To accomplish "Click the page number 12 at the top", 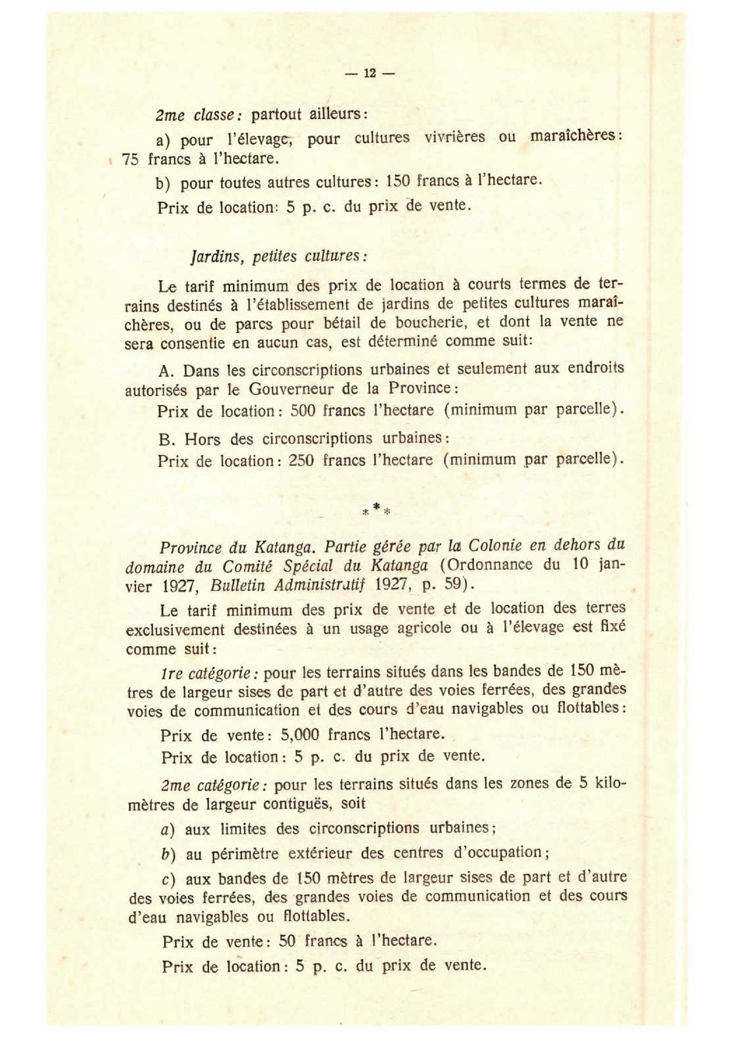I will pyautogui.click(x=369, y=73).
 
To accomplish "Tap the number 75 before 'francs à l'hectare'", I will pyautogui.click(x=130, y=160).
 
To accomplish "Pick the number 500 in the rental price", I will pyautogui.click(x=303, y=411).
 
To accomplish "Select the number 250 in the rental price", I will pyautogui.click(x=302, y=460).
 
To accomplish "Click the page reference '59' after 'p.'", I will pyautogui.click(x=454, y=584).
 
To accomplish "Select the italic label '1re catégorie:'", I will pyautogui.click(x=210, y=673).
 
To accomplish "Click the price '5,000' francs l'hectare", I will pyautogui.click(x=300, y=734).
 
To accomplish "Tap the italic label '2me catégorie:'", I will pyautogui.click(x=212, y=785).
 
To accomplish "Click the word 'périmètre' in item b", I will pyautogui.click(x=245, y=854).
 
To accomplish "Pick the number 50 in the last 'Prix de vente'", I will pyautogui.click(x=287, y=941).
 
